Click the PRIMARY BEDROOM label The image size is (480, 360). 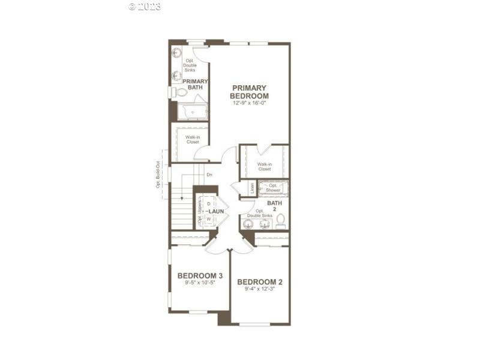coord(250,92)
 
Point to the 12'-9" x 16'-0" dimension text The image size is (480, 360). coord(250,103)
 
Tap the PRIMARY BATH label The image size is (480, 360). coord(196,85)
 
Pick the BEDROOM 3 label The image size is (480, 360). coord(200,276)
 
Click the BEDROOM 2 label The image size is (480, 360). coord(260,282)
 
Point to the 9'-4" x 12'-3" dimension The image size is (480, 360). coord(260,289)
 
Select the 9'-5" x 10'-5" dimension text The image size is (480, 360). coord(200,283)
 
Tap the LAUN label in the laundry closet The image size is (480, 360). coord(217,212)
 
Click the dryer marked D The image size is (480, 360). coord(209,204)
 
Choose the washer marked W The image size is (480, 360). coord(209,220)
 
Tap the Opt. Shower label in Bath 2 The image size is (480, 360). coord(274,188)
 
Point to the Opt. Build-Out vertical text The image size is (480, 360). coord(158,175)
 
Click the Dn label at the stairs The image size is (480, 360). coord(209,175)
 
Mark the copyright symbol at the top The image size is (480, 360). coord(133,7)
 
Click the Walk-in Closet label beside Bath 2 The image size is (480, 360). coord(264,166)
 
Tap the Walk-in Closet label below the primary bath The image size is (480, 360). coord(192,140)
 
